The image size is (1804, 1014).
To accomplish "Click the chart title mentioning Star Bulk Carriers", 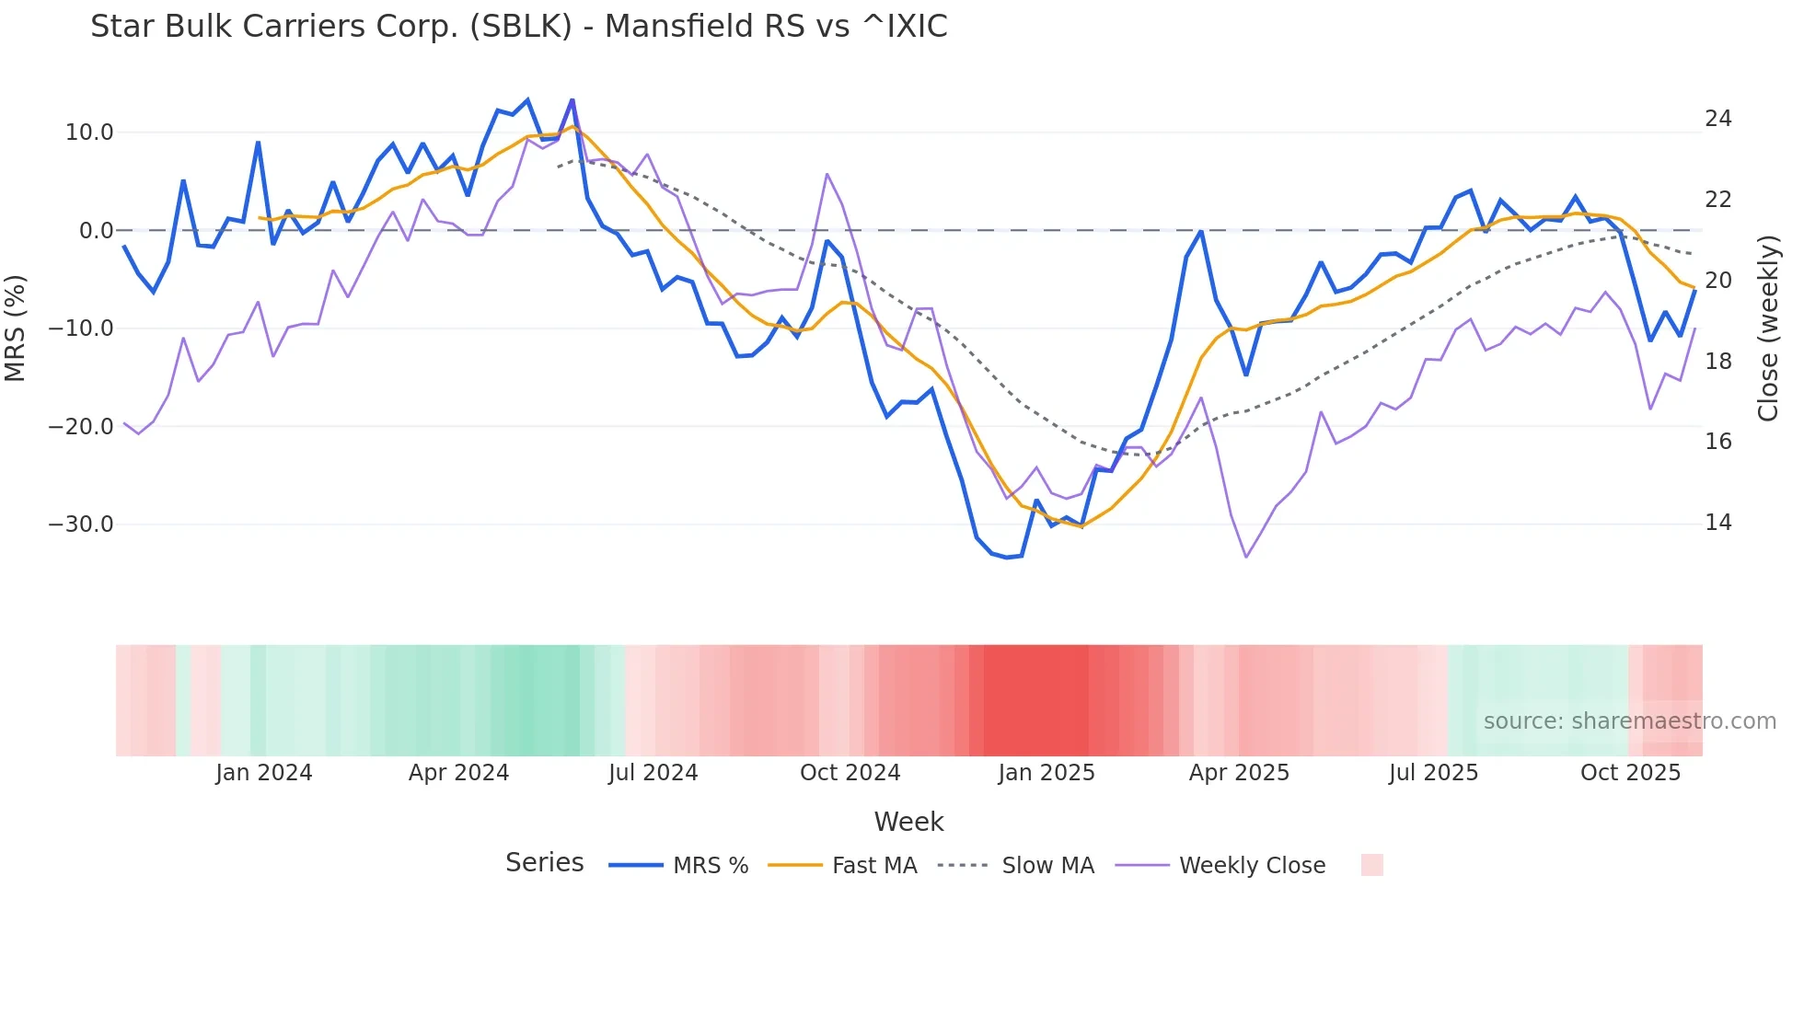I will pos(518,27).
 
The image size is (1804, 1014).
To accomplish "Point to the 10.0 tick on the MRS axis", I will pos(89,133).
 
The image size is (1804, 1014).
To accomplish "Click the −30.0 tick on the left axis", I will pos(81,524).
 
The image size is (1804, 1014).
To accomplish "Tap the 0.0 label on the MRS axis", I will pos(96,231).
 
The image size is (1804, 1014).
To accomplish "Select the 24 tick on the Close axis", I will pos(1717,119).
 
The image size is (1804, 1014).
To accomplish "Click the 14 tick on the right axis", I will pos(1717,523).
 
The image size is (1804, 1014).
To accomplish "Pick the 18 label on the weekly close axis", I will pos(1717,362).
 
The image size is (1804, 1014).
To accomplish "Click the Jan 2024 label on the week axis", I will pos(264,773).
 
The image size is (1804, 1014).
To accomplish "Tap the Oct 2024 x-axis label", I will pos(850,773).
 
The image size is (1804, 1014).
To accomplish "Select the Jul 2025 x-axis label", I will pos(1433,773).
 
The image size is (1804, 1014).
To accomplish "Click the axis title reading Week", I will pos(908,822).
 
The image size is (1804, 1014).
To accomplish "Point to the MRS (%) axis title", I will pos(16,328).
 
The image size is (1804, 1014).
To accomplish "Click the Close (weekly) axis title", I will pos(1768,328).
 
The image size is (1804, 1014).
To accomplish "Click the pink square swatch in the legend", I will pos(1371,865).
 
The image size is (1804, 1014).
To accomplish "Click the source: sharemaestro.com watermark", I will pos(1629,721).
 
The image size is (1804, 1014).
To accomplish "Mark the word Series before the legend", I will pos(544,863).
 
